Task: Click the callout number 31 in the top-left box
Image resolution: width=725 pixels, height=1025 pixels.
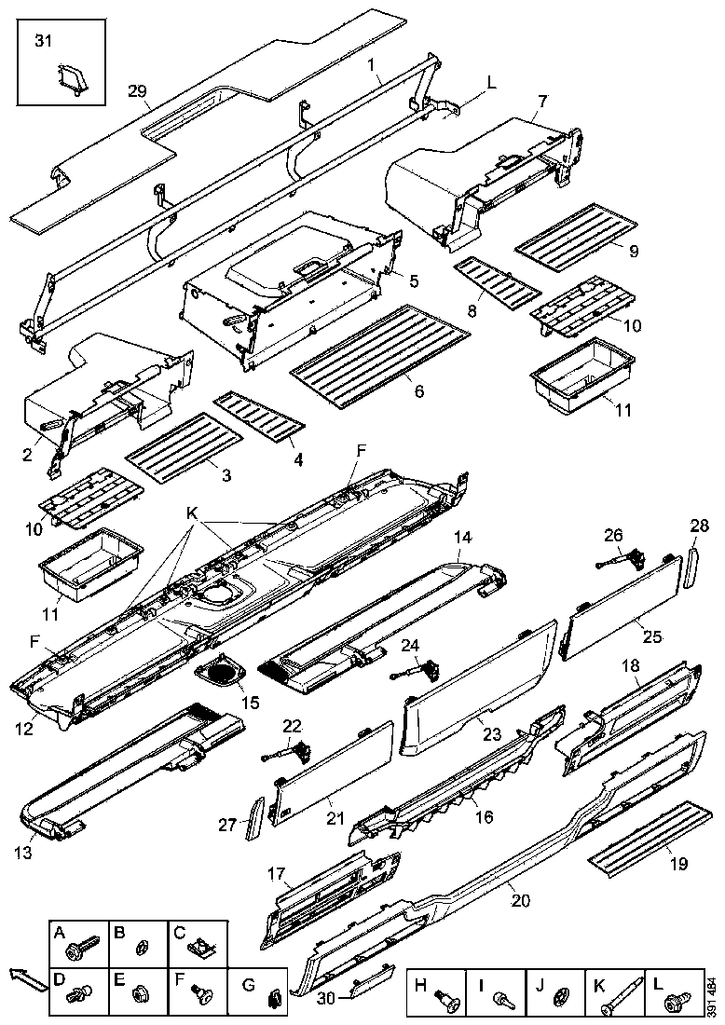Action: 44,41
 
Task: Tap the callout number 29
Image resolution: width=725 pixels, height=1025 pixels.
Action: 137,91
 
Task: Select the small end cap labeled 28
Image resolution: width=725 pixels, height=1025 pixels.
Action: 691,568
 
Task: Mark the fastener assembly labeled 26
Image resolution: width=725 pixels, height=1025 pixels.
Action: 622,560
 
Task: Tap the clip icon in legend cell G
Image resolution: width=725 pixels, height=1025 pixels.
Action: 273,998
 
